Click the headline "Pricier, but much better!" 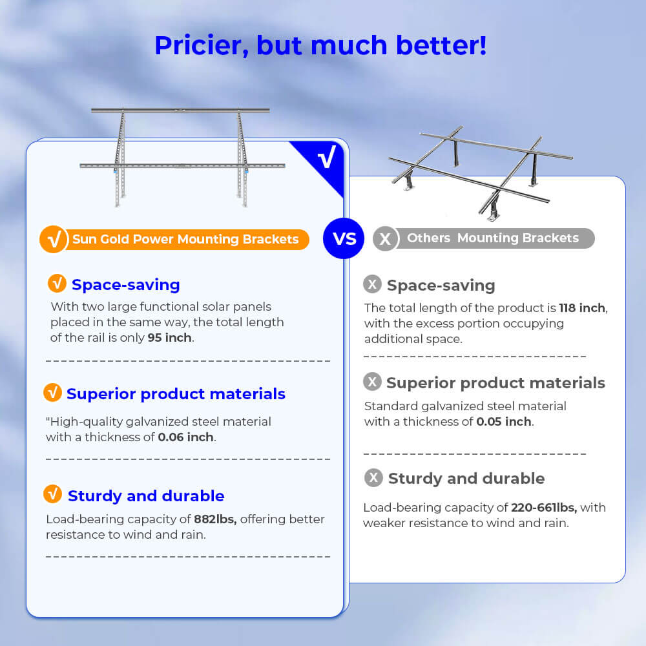click(320, 45)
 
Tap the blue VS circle click(344, 238)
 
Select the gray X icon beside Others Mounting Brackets click(385, 239)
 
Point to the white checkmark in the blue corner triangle click(327, 158)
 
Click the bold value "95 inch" click(170, 338)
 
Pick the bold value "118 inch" click(582, 308)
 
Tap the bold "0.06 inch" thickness click(187, 437)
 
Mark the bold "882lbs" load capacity click(215, 519)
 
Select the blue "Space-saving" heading click(126, 285)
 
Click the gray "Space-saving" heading click(441, 286)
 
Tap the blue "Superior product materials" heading click(176, 394)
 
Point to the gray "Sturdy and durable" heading click(466, 479)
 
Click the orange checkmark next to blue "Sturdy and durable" click(52, 494)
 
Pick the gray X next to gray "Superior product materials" click(372, 382)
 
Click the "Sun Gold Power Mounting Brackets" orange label click(185, 240)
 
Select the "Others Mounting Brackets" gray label click(492, 238)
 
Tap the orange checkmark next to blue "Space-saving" click(57, 284)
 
